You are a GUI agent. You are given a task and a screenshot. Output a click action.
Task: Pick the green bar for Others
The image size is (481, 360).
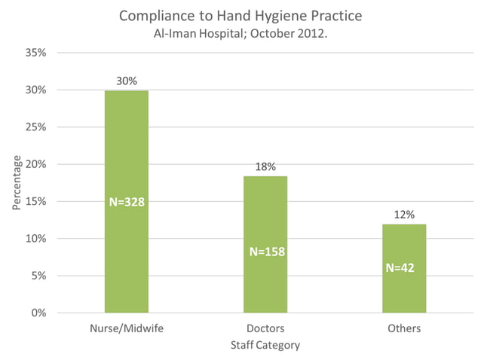[x=404, y=290]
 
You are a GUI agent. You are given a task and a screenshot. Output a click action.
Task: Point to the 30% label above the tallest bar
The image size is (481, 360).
[x=127, y=81]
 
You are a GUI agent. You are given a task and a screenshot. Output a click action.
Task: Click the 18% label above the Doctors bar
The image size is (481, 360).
[x=265, y=166]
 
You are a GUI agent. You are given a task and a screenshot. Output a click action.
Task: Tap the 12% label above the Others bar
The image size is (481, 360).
[x=405, y=215]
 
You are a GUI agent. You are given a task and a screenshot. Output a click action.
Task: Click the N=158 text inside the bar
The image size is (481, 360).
[x=265, y=252]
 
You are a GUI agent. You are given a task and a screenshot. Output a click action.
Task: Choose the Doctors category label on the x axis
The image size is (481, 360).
[x=265, y=329]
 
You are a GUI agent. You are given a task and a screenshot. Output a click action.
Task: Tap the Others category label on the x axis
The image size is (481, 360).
[x=405, y=329]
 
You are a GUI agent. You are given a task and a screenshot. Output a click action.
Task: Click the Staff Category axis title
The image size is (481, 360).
[x=265, y=345]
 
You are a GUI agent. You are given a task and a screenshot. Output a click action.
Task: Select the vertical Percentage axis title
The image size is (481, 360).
[x=17, y=183]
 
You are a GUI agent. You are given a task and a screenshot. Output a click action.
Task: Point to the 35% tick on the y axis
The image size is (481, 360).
[x=36, y=53]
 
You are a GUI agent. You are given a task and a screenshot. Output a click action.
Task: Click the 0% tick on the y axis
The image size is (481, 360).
[x=38, y=313]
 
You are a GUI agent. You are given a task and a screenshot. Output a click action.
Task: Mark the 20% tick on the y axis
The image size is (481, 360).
[x=36, y=164]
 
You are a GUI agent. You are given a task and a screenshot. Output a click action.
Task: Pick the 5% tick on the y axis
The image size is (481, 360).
[x=38, y=276]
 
